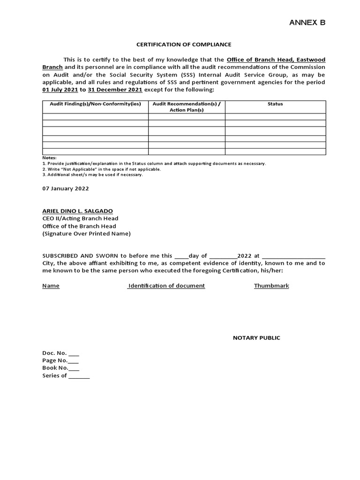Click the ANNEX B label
pyautogui.click(x=307, y=22)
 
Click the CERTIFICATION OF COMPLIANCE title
pyautogui.click(x=184, y=45)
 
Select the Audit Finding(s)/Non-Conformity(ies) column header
pyautogui.click(x=95, y=104)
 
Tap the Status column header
pyautogui.click(x=275, y=104)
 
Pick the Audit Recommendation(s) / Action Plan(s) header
pyautogui.click(x=187, y=107)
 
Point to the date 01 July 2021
pyautogui.click(x=60, y=90)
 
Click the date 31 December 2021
pyautogui.click(x=115, y=90)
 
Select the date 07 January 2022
pyautogui.click(x=66, y=188)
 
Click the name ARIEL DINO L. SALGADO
pyautogui.click(x=77, y=211)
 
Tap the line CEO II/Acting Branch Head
pyautogui.click(x=80, y=218)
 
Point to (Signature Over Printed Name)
pyautogui.click(x=86, y=233)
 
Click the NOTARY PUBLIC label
pyautogui.click(x=256, y=338)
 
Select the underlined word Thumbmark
pyautogui.click(x=271, y=286)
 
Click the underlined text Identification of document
pyautogui.click(x=166, y=286)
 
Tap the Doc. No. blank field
pyautogui.click(x=74, y=353)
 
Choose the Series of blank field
pyautogui.click(x=79, y=376)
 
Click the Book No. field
pyautogui.click(x=74, y=368)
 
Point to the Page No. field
pyautogui.click(x=74, y=361)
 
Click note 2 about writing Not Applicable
pyautogui.click(x=101, y=169)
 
